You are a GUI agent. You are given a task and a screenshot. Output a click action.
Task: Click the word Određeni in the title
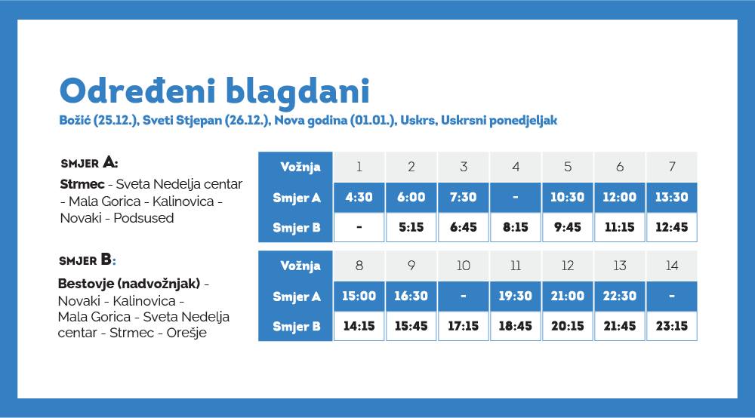pos(137,91)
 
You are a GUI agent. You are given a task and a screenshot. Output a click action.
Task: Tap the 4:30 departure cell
pos(359,197)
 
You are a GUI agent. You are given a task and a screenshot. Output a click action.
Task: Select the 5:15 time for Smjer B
pos(411,227)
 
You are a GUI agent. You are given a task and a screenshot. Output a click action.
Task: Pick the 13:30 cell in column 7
pos(672,197)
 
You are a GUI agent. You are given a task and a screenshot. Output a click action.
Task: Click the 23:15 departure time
pos(672,326)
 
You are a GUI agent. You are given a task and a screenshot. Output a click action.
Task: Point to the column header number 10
pos(464,266)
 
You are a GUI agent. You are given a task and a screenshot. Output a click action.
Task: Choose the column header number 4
pos(516,167)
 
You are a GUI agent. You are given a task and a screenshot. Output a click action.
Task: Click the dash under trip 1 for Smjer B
pos(359,227)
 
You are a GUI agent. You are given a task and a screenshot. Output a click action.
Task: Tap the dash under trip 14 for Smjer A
pos(672,297)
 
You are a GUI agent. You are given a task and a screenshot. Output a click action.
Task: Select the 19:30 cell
pos(515,297)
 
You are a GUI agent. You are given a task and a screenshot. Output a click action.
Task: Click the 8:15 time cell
pos(516,227)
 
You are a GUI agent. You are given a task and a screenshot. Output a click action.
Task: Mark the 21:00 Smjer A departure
pos(568,297)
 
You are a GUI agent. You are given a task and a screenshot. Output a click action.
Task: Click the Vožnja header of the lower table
pos(300,266)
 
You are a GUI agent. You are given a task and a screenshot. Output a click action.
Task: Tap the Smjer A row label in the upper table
pos(297,198)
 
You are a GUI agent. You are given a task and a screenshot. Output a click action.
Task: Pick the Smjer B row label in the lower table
pos(297,327)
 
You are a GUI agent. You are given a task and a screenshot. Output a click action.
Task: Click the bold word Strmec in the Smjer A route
pos(82,184)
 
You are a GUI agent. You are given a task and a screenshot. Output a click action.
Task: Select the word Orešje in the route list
pos(186,333)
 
